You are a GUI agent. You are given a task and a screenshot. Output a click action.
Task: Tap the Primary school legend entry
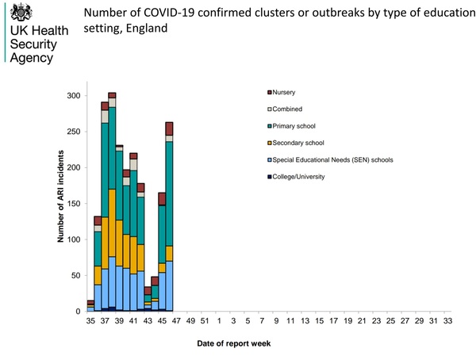(296, 126)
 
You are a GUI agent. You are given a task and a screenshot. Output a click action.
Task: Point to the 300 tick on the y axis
(74, 96)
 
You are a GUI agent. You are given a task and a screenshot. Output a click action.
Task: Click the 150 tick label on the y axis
(74, 204)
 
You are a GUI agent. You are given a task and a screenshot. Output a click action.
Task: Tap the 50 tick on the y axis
(76, 275)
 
